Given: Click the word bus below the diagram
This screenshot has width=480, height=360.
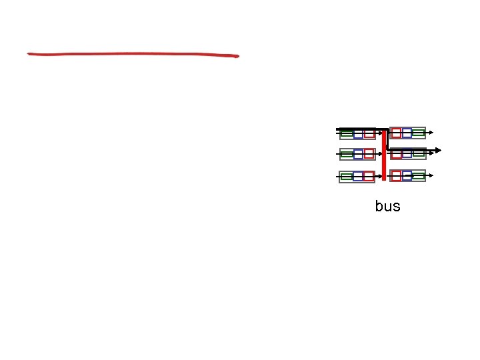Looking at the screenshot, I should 387,206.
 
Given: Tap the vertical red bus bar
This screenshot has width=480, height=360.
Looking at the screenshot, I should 384,155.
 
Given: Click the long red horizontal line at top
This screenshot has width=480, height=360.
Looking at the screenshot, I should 133,55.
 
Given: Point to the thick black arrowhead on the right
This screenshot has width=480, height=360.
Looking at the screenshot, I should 437,149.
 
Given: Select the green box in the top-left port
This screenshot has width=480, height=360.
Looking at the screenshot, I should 347,133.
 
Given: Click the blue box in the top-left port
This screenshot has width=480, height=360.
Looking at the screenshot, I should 358,133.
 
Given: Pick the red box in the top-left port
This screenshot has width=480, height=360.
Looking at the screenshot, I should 369,133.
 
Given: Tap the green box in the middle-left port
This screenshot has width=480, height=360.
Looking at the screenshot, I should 347,155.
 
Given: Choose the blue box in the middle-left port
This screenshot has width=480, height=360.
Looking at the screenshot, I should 358,155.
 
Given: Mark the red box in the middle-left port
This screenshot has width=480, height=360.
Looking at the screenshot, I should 369,155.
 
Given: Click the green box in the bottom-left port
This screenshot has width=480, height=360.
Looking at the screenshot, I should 347,177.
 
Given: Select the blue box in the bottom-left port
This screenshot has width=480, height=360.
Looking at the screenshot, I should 358,177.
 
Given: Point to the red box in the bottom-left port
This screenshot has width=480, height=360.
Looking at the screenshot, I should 369,177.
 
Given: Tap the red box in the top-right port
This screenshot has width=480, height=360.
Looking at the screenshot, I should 396,133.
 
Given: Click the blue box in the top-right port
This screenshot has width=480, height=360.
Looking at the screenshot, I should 407,133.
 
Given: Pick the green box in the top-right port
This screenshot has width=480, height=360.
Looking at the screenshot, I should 418,133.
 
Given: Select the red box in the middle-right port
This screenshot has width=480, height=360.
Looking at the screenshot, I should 396,155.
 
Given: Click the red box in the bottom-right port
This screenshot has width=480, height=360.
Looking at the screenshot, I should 396,176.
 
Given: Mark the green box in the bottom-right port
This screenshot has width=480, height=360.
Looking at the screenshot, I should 418,176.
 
